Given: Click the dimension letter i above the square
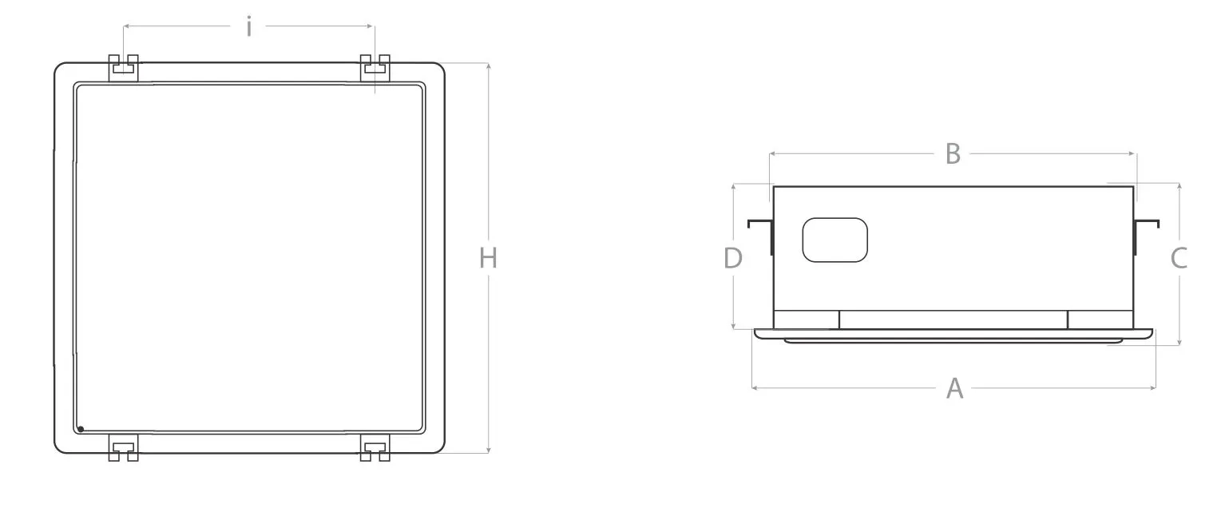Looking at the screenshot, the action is (249, 27).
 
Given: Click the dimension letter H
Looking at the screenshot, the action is (488, 258).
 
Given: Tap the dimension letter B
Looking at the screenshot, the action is (953, 153).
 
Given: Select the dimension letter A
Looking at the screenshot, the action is (954, 388).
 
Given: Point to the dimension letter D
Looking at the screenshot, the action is (733, 258).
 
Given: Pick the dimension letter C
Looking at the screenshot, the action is (1179, 258).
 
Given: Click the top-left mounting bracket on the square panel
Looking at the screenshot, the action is (124, 68).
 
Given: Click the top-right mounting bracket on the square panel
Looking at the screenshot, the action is (375, 68).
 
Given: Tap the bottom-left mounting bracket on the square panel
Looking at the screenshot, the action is (124, 448).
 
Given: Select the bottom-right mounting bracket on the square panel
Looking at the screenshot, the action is (375, 448).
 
